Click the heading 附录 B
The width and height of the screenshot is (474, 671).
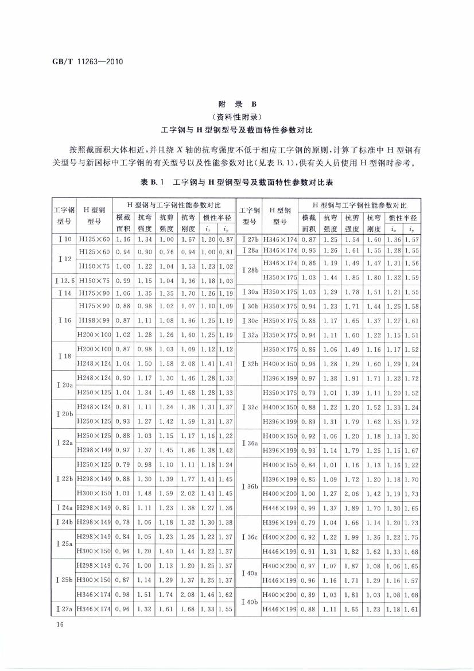click(237, 105)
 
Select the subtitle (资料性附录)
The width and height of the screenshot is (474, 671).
click(237, 118)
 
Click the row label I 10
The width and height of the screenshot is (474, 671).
click(64, 239)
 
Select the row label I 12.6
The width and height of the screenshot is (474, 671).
click(64, 281)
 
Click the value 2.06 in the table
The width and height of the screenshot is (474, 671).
click(353, 493)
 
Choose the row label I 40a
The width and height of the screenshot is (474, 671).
click(250, 573)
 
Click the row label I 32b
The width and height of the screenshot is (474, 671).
click(250, 363)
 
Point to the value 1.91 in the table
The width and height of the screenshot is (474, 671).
click(353, 379)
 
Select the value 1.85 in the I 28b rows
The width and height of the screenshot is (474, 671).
click(353, 278)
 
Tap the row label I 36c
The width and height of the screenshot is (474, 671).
click(250, 537)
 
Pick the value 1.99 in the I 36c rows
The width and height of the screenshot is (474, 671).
click(353, 537)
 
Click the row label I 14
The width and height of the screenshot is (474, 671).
click(64, 293)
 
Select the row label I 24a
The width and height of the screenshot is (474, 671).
click(64, 507)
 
